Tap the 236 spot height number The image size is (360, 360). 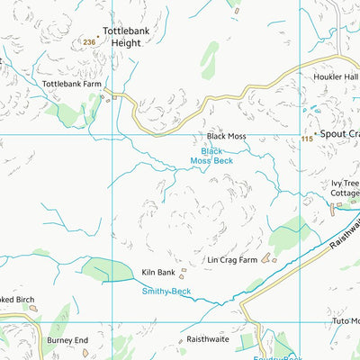point(88,42)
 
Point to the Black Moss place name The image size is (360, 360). point(226,136)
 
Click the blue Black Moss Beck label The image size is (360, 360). point(211,156)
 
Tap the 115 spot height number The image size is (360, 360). point(307,139)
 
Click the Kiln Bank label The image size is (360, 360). point(158,272)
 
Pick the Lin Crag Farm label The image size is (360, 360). point(232,260)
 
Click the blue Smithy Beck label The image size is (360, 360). point(166,292)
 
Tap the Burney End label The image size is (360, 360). point(68,341)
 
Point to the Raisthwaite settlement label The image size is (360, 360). point(206,341)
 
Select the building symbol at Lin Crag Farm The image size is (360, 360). point(273,258)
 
